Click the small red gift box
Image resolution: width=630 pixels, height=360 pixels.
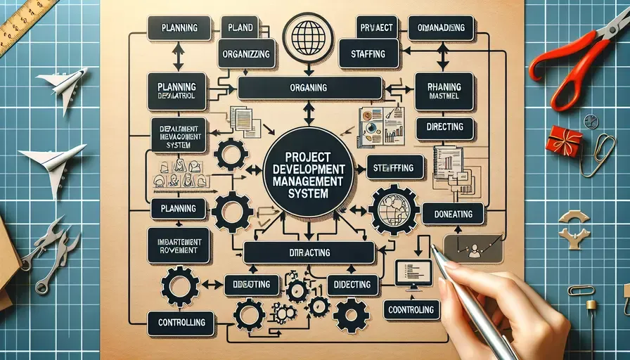pos(564,141)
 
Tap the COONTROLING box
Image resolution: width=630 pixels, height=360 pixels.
pos(412,309)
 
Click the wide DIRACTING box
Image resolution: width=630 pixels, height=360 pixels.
pos(309,252)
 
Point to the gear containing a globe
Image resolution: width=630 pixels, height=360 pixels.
pos(394,210)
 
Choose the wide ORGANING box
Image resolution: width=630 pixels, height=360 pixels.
pos(308,88)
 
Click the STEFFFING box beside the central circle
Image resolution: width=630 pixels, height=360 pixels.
pos(394,167)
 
